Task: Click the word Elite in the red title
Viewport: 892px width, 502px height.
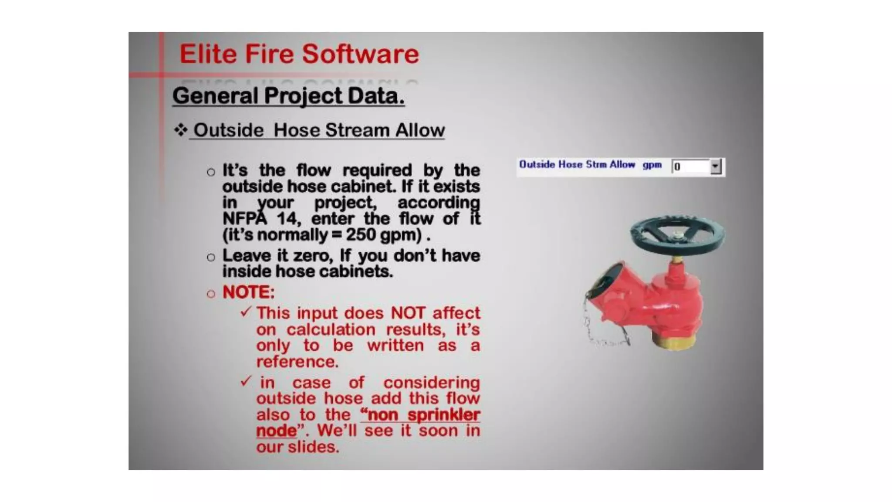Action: pos(208,54)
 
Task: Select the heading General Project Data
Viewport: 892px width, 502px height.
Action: pos(288,95)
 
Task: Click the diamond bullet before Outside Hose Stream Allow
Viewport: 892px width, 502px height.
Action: pos(180,130)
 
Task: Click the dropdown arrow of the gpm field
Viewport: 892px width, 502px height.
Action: pos(715,166)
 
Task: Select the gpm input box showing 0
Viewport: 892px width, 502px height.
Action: pos(691,166)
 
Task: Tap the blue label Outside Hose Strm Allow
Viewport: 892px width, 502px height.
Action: pos(577,165)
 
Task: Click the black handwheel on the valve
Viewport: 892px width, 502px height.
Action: pos(677,235)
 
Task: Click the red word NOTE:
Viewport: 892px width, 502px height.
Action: pos(248,292)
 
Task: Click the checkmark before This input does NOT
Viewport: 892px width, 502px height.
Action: pos(246,312)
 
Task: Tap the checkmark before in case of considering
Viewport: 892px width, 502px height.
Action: pos(246,382)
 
